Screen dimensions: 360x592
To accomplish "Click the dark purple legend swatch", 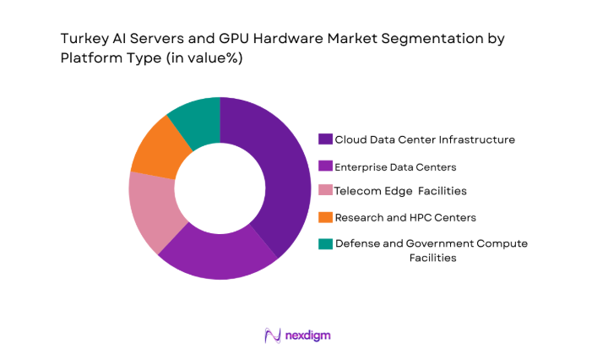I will click(x=325, y=139).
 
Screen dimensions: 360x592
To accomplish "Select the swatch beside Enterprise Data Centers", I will click(x=325, y=166).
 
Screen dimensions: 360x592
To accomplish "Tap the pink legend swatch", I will click(x=325, y=192).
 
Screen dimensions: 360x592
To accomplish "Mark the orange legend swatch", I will click(x=325, y=218).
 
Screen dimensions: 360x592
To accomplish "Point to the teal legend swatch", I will click(x=325, y=244).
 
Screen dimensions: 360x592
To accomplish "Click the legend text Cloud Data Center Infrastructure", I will click(x=425, y=139).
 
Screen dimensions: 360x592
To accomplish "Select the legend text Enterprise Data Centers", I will click(x=395, y=166).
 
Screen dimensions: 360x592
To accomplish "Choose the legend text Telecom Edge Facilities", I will click(x=400, y=192).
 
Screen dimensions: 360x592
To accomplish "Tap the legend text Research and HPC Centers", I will click(x=405, y=218).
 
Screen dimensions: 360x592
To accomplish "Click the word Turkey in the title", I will click(x=83, y=39).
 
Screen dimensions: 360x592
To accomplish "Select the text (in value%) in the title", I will click(x=210, y=59).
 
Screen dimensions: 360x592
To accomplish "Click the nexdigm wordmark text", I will click(x=307, y=335).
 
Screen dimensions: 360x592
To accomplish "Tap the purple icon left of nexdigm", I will click(x=272, y=335).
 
